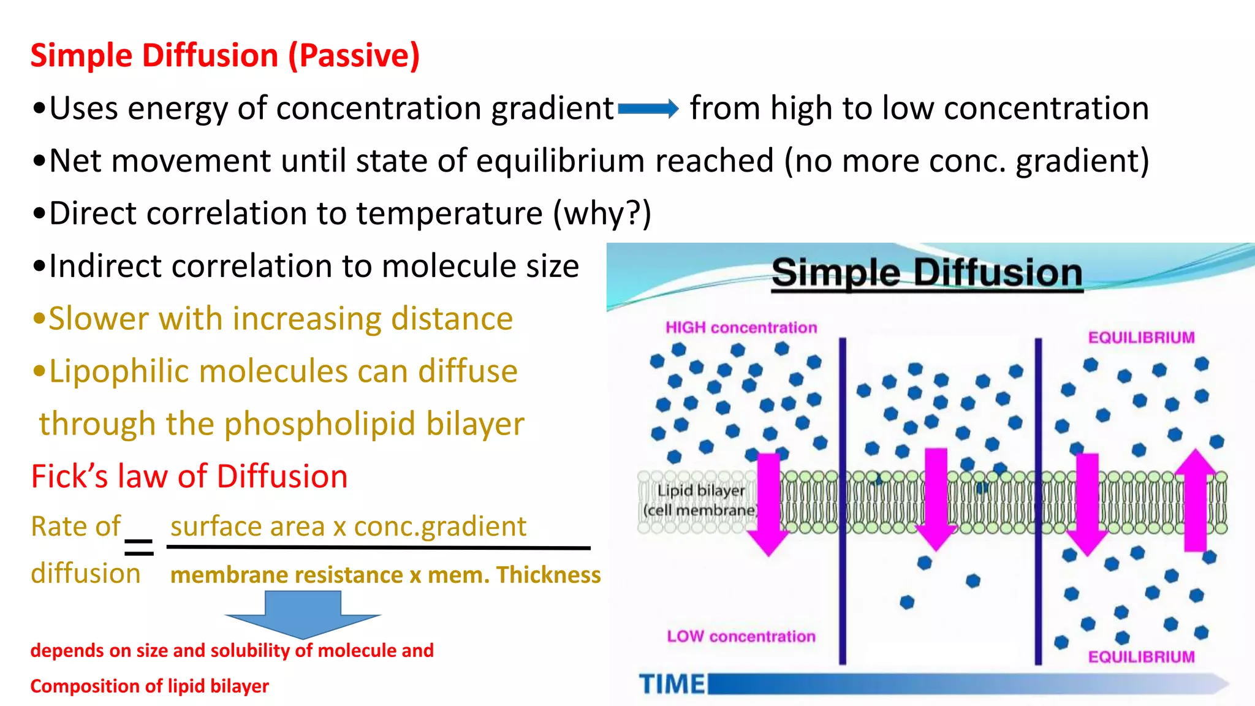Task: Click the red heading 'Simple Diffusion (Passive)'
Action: pos(225,56)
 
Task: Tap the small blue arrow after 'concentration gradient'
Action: pos(648,110)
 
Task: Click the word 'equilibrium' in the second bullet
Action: pos(560,161)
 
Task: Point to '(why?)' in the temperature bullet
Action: pos(602,214)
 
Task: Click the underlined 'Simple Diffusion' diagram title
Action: pos(927,273)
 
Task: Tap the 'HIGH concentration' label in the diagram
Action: pos(741,328)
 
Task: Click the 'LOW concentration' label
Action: pos(741,637)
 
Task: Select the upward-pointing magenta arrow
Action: pos(1195,499)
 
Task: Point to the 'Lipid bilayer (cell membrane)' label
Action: pos(700,500)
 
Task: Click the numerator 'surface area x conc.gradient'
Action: pos(348,526)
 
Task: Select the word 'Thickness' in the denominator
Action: pos(548,575)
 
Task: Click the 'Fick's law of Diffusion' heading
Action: pos(189,477)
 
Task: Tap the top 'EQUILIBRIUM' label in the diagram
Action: pos(1141,338)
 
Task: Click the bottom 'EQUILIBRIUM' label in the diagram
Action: pos(1141,657)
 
